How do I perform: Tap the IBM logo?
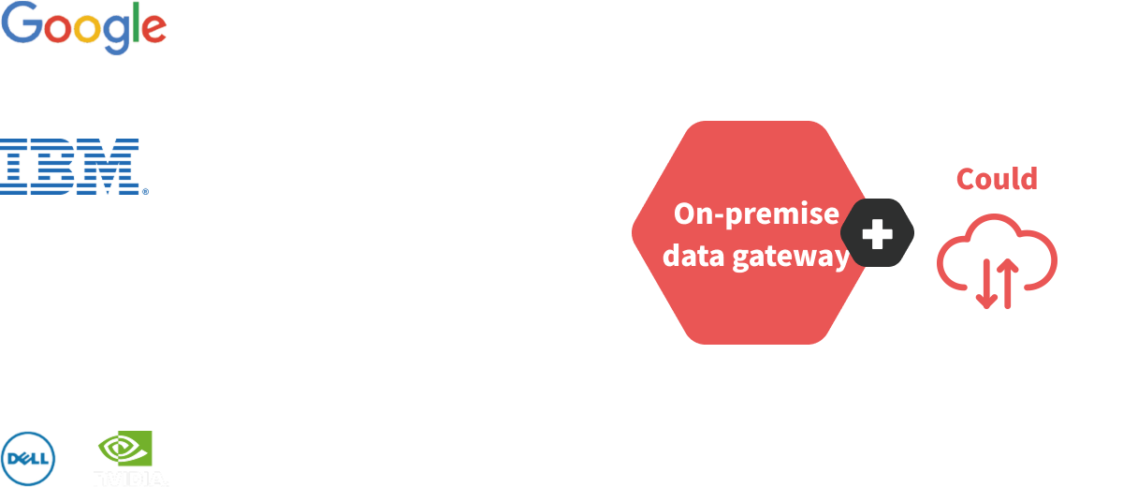(74, 166)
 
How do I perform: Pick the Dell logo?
(29, 459)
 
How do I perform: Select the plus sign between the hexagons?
(877, 233)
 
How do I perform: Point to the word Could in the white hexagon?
(996, 178)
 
